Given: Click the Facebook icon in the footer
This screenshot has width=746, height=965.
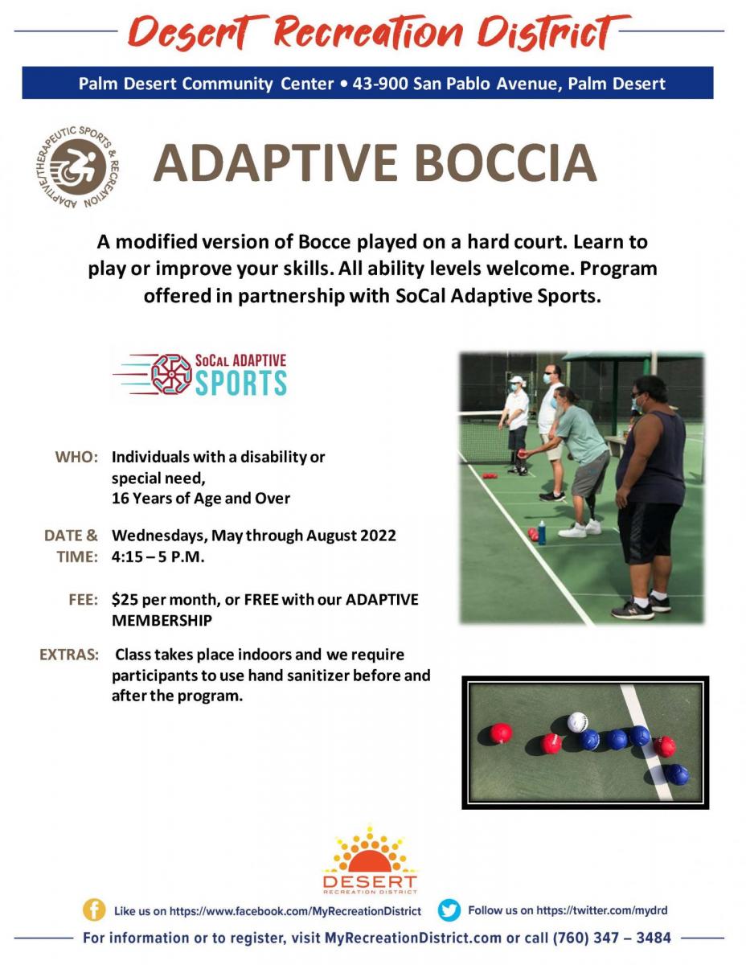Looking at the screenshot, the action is pyautogui.click(x=93, y=910).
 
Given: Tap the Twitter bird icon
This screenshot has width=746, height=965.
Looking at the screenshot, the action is pyautogui.click(x=449, y=910).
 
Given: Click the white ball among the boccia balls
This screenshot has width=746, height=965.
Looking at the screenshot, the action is pyautogui.click(x=577, y=722).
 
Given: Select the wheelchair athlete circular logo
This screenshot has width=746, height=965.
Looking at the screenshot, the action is pyautogui.click(x=77, y=167).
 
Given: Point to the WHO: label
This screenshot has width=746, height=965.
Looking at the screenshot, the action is pyautogui.click(x=76, y=457).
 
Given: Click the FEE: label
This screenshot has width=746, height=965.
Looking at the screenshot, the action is pyautogui.click(x=83, y=600).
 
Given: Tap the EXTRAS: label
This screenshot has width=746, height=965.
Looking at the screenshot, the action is pyautogui.click(x=69, y=655).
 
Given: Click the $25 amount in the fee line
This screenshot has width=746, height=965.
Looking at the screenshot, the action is pyautogui.click(x=124, y=600).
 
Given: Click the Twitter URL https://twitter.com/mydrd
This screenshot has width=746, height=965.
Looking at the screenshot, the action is pyautogui.click(x=601, y=910).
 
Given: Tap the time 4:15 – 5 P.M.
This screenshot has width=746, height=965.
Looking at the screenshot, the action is pyautogui.click(x=158, y=556).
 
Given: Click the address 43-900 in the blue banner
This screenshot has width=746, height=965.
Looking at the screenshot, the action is pyautogui.click(x=380, y=84).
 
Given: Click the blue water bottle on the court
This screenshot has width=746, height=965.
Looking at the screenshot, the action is pyautogui.click(x=542, y=532).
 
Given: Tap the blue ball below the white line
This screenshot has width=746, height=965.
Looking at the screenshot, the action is pyautogui.click(x=677, y=774).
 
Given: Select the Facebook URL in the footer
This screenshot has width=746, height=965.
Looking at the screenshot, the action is pyautogui.click(x=295, y=911).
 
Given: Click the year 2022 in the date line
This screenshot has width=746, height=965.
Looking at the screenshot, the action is pyautogui.click(x=378, y=536).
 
